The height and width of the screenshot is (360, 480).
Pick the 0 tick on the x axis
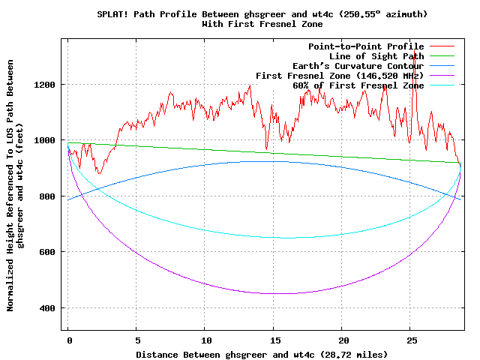tap(68, 340)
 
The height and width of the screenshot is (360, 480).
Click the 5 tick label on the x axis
tap(136, 340)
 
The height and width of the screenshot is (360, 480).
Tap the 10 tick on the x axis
tap(205, 340)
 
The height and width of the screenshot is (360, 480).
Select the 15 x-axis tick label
tap(273, 340)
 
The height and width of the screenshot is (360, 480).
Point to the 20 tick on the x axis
tap(341, 340)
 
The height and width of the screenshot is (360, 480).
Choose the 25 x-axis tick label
tap(409, 340)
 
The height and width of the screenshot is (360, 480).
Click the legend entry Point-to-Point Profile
tap(366, 46)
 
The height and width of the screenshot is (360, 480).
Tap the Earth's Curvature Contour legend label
tap(358, 66)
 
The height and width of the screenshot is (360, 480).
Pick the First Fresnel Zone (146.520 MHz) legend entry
tap(340, 76)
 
